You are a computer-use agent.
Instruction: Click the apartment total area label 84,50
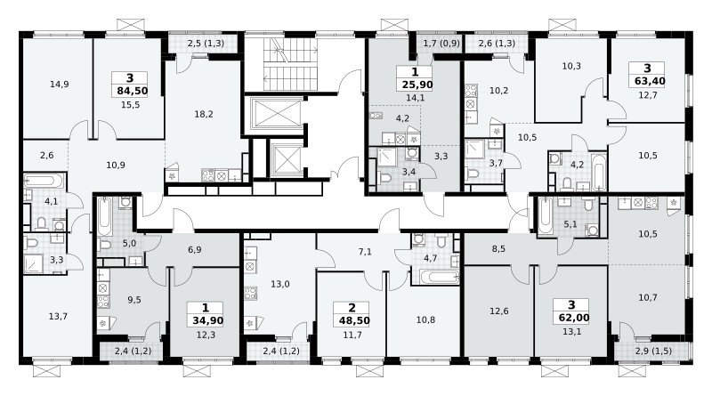coord(132,91)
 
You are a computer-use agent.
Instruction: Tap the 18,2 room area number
coord(204,114)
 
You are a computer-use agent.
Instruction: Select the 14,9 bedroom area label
coord(60,84)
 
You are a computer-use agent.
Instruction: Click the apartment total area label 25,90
coord(417,85)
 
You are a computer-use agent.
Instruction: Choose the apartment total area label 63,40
coord(647,81)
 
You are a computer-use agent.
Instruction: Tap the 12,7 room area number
coord(648,95)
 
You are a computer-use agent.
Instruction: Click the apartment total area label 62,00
coord(570,318)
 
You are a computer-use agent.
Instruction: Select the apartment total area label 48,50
coord(354,320)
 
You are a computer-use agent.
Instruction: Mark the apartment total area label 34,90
coord(207,320)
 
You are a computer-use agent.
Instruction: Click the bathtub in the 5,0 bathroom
coord(104,215)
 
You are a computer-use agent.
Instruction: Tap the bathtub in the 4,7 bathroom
coord(439,277)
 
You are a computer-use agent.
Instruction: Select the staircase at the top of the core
coord(290,64)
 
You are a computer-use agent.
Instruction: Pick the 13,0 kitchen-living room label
coord(280,284)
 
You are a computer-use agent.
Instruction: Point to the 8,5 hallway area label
coord(498,249)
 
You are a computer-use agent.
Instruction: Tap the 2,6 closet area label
coord(47,156)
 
